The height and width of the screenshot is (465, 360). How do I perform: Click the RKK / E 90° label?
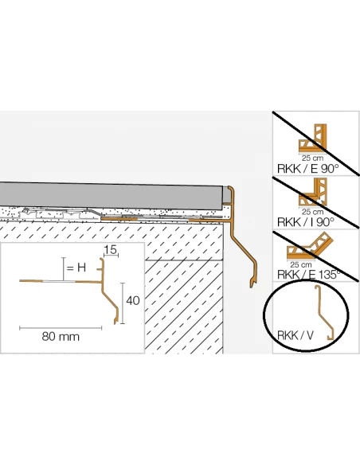[x=307, y=169]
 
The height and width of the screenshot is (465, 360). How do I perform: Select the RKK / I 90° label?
[x=305, y=222]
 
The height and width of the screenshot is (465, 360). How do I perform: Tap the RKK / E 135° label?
[x=308, y=275]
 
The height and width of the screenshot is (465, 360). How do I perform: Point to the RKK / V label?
[x=295, y=335]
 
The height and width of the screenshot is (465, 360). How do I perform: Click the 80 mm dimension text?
[x=61, y=337]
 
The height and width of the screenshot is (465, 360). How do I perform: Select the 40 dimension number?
[x=133, y=301]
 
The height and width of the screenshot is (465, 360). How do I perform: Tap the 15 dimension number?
[x=111, y=250]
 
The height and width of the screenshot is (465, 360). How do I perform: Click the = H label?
[x=76, y=268]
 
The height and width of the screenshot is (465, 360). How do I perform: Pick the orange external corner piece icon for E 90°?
[x=312, y=139]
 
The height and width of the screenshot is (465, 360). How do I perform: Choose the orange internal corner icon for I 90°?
[x=313, y=192]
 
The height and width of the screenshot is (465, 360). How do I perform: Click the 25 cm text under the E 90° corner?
[x=312, y=158]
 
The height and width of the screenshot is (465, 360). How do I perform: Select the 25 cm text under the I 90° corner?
[x=312, y=212]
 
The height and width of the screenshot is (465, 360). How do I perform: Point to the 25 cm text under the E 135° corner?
[x=301, y=264]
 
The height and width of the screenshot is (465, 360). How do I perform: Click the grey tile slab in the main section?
[x=112, y=196]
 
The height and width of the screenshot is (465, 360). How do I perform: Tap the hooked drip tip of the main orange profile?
[x=252, y=284]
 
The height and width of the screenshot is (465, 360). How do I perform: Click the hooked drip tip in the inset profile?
[x=115, y=321]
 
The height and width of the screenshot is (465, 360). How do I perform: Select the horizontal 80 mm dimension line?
[x=61, y=328]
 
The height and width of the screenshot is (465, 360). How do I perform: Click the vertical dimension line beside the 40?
[x=123, y=303]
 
